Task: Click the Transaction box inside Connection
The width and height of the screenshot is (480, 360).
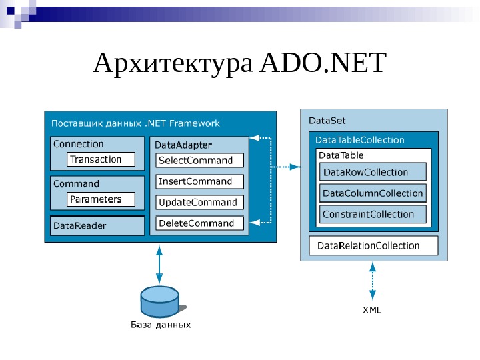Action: (101, 159)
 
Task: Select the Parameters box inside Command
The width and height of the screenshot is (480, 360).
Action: (101, 199)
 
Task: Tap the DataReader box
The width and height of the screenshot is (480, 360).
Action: (97, 225)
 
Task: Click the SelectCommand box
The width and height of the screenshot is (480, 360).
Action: (200, 161)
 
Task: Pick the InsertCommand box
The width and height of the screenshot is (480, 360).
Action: (200, 181)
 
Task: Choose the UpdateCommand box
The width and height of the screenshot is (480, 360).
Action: (200, 202)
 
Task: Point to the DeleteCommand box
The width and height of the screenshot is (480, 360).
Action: (200, 223)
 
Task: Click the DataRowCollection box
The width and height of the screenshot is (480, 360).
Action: (373, 173)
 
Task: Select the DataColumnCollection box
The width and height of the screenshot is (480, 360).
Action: (373, 193)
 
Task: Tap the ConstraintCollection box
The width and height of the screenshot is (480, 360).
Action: (373, 214)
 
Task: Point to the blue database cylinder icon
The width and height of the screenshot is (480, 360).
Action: (159, 302)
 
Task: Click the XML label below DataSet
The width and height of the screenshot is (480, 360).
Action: (372, 310)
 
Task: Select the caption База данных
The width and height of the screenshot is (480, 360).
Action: (160, 325)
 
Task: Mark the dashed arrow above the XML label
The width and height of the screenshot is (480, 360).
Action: (372, 281)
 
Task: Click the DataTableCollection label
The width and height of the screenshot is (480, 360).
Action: (360, 140)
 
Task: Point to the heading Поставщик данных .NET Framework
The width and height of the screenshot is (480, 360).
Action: (135, 123)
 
